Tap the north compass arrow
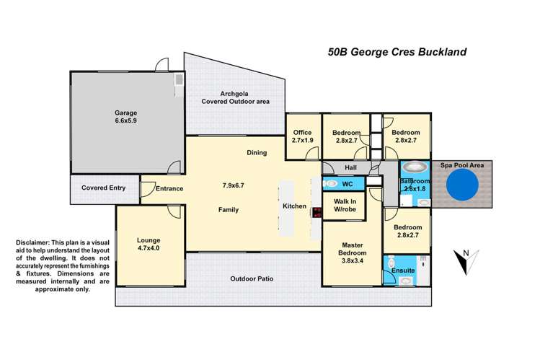click(x=462, y=262)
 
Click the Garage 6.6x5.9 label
click(x=125, y=118)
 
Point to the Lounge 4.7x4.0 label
click(x=149, y=245)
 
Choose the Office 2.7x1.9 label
click(x=303, y=136)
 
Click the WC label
click(x=347, y=184)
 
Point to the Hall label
click(x=351, y=167)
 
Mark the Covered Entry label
click(x=103, y=188)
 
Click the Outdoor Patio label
click(x=252, y=278)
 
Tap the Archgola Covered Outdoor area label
click(x=235, y=97)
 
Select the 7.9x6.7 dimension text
click(x=234, y=185)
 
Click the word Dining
click(x=257, y=153)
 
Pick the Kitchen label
click(x=294, y=206)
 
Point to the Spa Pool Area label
click(x=462, y=166)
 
